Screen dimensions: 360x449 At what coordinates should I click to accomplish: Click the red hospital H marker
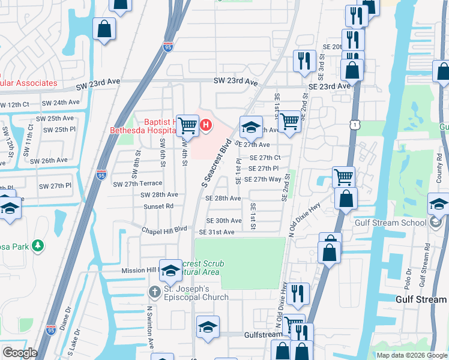[206, 125]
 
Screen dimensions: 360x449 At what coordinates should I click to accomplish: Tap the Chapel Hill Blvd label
[165, 230]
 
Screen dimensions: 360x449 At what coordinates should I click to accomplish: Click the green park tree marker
[38, 245]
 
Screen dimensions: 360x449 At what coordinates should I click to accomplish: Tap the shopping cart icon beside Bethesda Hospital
[188, 125]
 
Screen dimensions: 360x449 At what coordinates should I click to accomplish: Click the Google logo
[20, 352]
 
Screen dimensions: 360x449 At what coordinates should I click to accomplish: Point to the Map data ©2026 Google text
[412, 355]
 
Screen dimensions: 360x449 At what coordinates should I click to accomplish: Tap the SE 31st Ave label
[217, 232]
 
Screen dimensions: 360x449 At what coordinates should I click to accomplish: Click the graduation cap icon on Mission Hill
[170, 269]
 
